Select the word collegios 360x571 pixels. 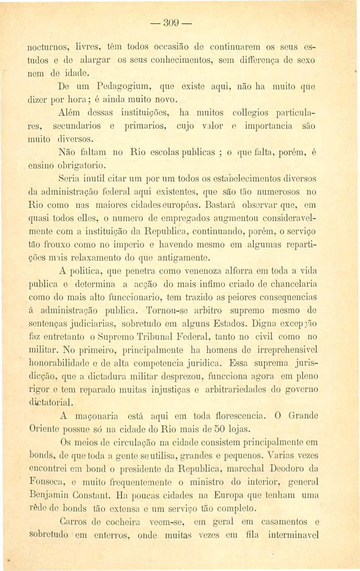pyautogui.click(x=252, y=112)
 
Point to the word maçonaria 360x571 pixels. pyautogui.click(x=98, y=416)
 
